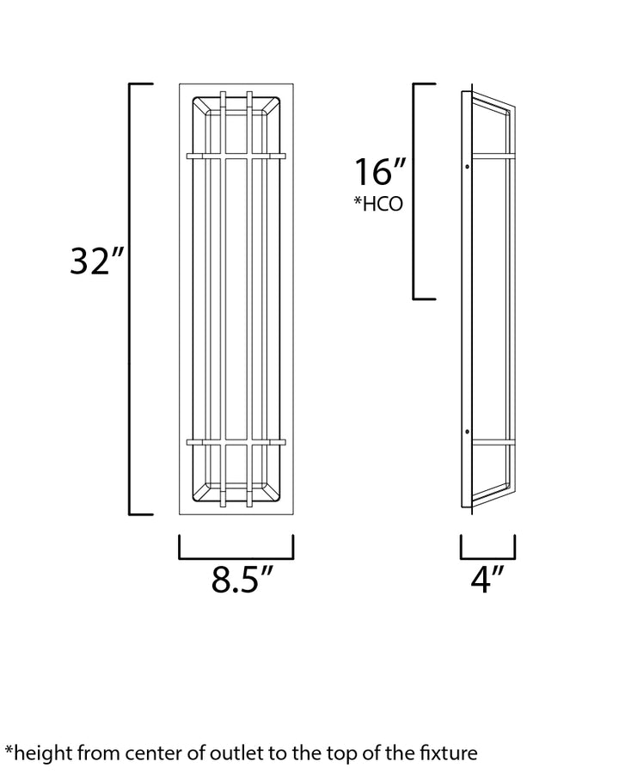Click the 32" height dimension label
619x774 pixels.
point(95,261)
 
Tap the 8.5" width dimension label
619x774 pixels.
point(242,579)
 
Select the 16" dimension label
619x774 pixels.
point(380,172)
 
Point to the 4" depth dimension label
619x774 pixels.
point(487,579)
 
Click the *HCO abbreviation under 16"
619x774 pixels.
point(378,204)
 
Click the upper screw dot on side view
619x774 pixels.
point(468,166)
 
